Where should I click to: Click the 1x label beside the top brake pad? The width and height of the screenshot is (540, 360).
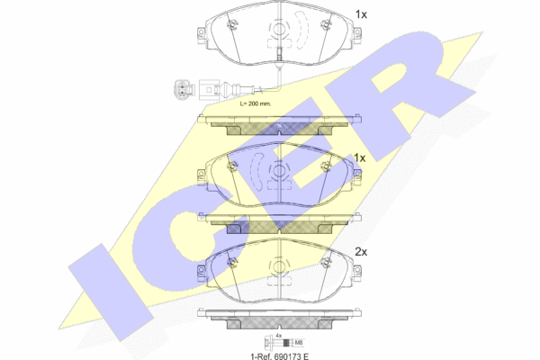click(x=361, y=14)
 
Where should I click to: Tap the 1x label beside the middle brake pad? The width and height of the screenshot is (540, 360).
click(x=359, y=158)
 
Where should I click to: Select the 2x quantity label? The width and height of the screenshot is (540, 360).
click(x=361, y=252)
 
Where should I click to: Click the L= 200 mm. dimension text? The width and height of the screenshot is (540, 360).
click(x=256, y=103)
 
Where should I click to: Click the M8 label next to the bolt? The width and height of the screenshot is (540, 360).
click(x=299, y=342)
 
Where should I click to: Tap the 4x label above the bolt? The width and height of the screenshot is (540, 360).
click(x=279, y=335)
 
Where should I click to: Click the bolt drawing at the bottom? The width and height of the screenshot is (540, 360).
click(x=278, y=342)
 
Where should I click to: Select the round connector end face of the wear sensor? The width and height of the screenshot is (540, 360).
click(x=181, y=90)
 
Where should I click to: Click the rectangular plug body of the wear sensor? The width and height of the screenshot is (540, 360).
click(x=208, y=90)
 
